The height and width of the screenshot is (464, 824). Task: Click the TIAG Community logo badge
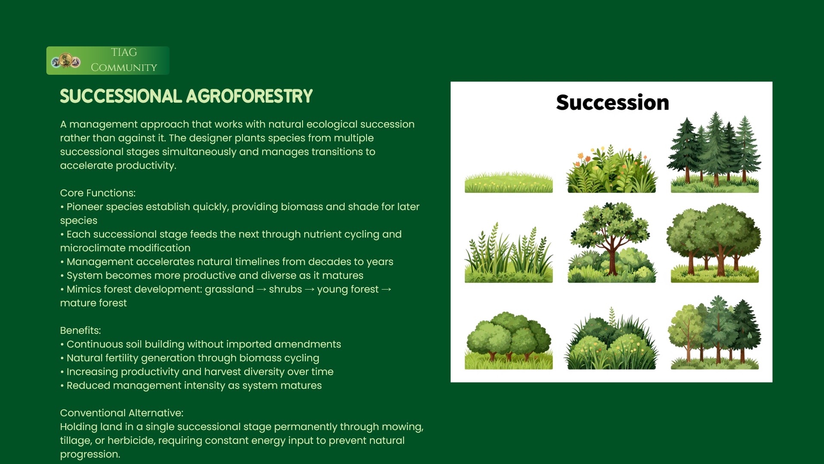pos(108,61)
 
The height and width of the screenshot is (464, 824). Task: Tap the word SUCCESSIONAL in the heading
pos(121,96)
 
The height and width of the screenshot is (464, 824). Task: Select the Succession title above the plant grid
pos(612,103)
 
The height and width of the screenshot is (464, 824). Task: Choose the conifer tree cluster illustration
pos(714,152)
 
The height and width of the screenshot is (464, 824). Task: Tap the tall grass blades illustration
pos(509,253)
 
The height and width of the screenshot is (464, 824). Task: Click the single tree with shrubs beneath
pos(612,242)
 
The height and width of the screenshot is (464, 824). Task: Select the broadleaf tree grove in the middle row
pos(714,243)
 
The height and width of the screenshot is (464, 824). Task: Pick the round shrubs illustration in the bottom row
pos(509,341)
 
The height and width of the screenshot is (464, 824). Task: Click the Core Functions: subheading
pos(98,193)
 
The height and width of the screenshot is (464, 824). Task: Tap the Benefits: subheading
pos(81,330)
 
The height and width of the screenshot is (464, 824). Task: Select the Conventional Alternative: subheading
pos(122,413)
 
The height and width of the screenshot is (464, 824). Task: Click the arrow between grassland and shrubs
pos(261,290)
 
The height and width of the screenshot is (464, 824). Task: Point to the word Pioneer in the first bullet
pos(85,207)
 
